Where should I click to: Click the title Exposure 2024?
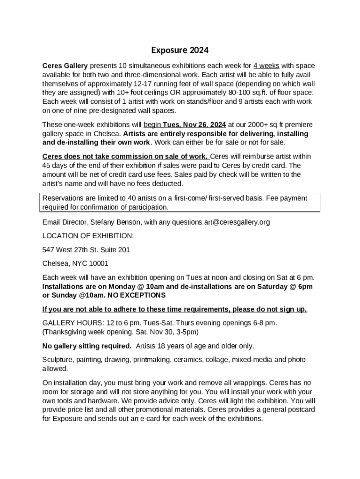coord(180,50)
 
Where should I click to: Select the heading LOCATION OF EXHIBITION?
coord(88,236)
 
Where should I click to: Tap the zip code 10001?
coord(98,263)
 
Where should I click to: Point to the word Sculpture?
coord(59,360)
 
